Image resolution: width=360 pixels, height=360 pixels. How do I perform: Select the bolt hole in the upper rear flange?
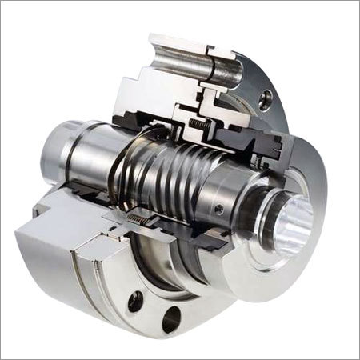pyautogui.click(x=266, y=98)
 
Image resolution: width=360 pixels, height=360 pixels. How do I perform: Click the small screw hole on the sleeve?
pyautogui.click(x=219, y=209)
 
